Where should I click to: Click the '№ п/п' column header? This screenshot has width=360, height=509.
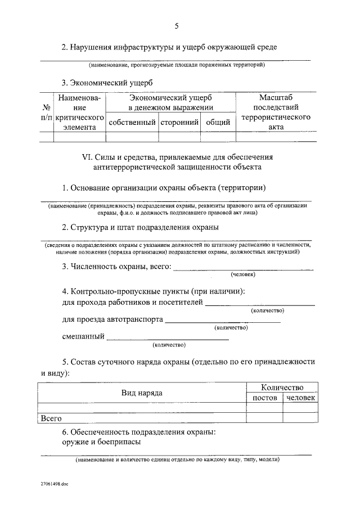click(x=47, y=112)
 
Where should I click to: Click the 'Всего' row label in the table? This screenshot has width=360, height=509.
click(x=51, y=418)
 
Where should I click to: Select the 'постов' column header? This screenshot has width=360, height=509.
click(x=265, y=398)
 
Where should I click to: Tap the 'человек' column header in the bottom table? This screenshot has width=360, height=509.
click(x=300, y=398)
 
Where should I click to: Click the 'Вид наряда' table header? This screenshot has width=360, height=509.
click(x=142, y=393)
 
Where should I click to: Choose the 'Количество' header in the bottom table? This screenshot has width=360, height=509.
click(x=282, y=388)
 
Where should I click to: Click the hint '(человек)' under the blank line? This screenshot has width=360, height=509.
click(x=243, y=274)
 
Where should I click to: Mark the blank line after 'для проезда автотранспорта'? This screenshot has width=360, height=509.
click(x=223, y=321)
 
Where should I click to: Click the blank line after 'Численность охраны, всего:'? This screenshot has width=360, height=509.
click(x=243, y=269)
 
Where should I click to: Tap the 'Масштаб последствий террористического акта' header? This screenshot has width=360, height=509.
click(x=276, y=112)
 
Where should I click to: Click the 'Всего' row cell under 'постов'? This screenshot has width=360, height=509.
click(x=265, y=418)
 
